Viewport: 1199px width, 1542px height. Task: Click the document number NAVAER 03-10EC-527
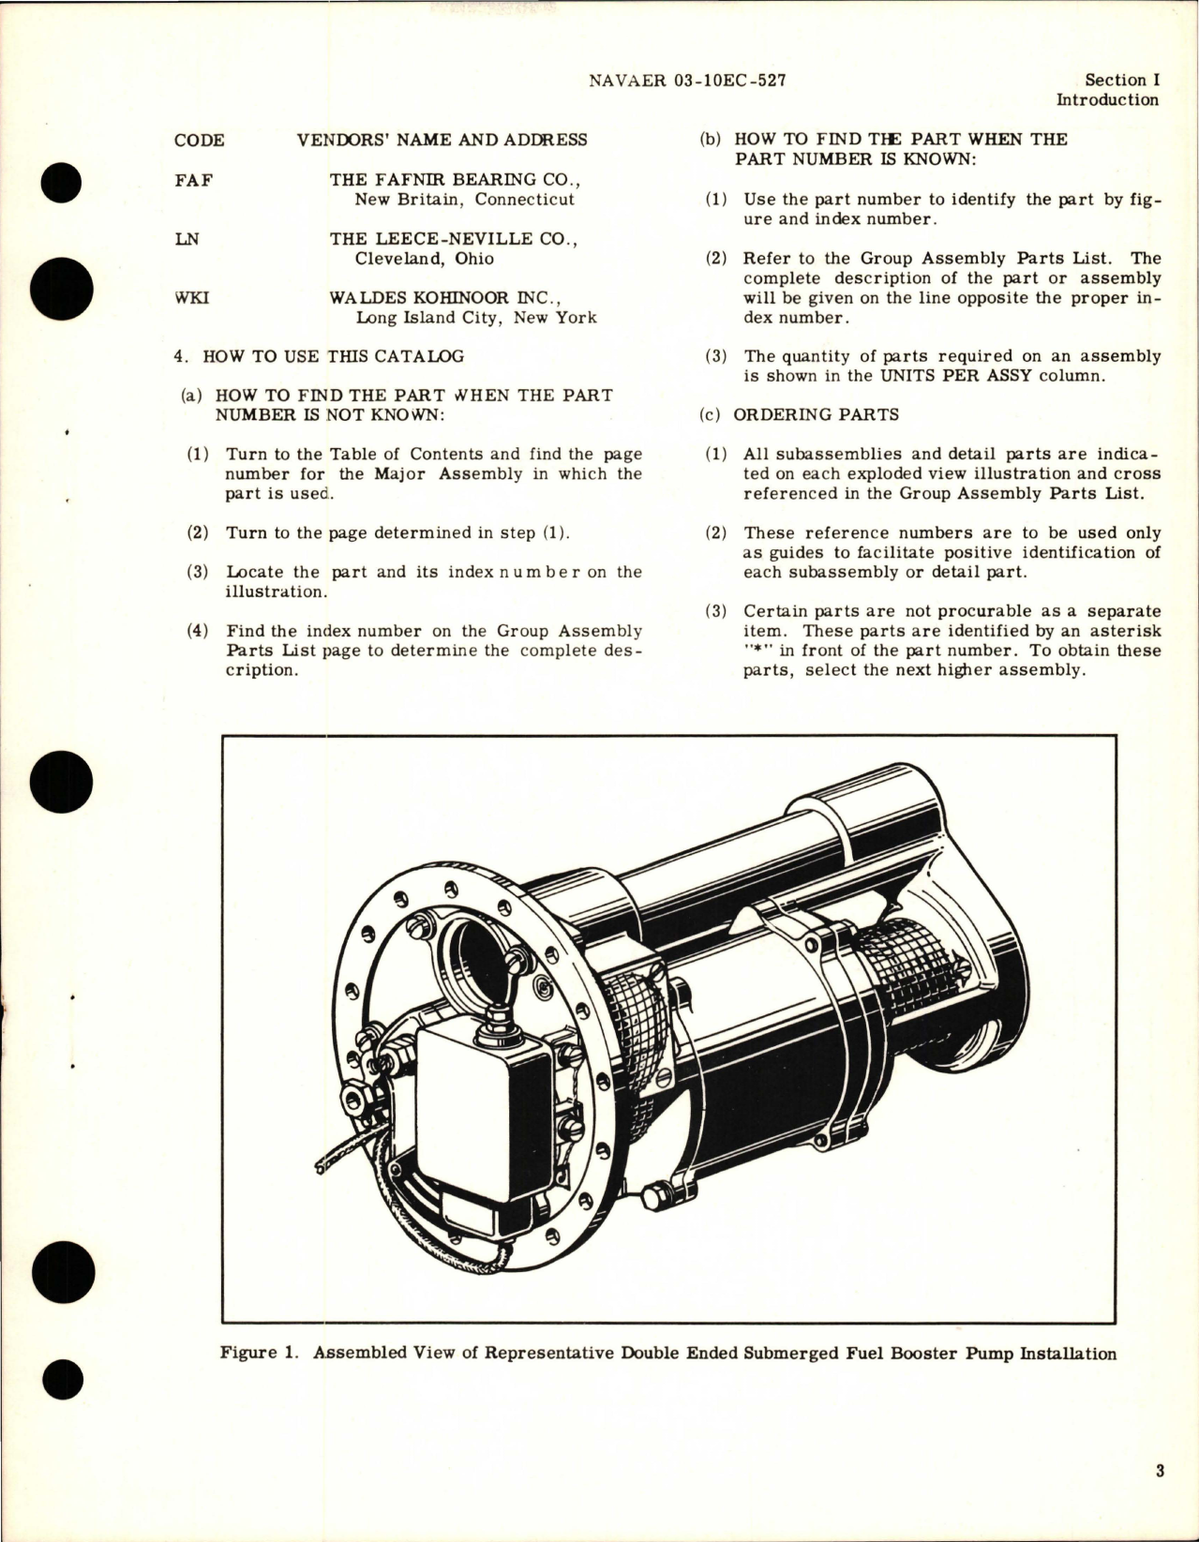click(x=687, y=81)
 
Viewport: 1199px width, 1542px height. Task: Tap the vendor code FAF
click(x=193, y=179)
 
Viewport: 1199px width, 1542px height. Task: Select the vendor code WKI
click(x=192, y=297)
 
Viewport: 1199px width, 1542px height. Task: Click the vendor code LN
click(x=187, y=238)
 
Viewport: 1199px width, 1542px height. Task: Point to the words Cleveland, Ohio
click(x=424, y=259)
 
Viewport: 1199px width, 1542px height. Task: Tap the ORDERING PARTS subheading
click(x=816, y=414)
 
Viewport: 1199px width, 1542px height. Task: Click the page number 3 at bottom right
click(x=1160, y=1471)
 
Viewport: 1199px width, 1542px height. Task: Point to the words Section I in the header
click(x=1121, y=81)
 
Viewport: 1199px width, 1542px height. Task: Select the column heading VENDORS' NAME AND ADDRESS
click(x=442, y=140)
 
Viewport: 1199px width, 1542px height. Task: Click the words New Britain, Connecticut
click(x=464, y=199)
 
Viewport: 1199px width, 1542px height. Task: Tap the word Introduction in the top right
click(x=1107, y=100)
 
